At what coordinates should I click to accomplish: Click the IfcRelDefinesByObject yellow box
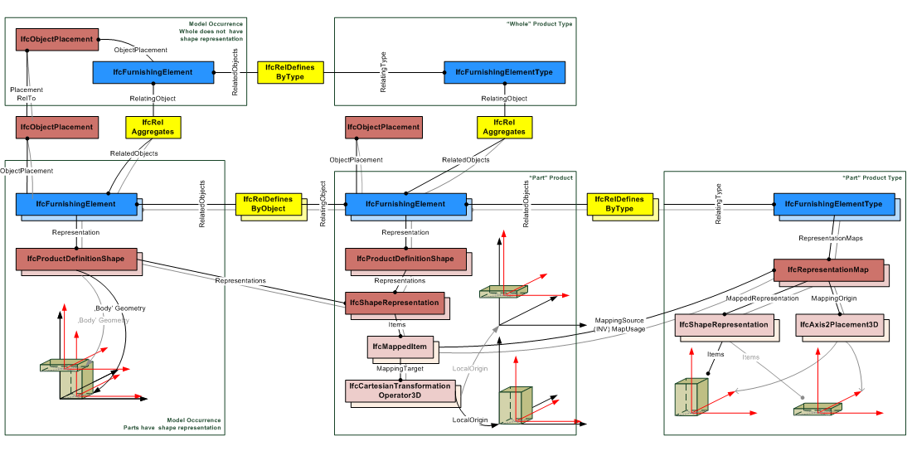(x=262, y=204)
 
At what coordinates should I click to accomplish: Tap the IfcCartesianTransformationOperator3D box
(x=400, y=391)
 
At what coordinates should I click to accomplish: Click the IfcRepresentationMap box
(x=828, y=270)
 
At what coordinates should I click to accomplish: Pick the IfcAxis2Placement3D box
(x=838, y=324)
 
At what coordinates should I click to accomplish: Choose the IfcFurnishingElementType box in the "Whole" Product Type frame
(x=504, y=72)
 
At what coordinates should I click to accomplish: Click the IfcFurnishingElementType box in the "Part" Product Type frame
(x=834, y=204)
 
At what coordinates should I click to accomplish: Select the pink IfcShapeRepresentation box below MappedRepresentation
(x=723, y=324)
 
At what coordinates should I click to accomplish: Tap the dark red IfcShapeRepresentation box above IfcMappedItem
(x=395, y=303)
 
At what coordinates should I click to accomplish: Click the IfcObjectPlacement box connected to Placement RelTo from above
(x=56, y=38)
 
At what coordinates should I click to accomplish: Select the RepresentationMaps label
(x=830, y=238)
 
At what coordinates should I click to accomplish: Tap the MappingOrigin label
(x=833, y=298)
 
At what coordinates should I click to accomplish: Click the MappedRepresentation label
(x=762, y=298)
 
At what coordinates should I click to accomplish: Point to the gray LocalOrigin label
(x=470, y=368)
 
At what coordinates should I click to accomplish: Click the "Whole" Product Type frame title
(x=539, y=24)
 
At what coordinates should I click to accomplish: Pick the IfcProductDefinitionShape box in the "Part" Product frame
(x=405, y=259)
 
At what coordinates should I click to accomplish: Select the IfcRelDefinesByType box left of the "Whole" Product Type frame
(x=290, y=72)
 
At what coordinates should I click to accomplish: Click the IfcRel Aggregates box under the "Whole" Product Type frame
(x=504, y=127)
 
